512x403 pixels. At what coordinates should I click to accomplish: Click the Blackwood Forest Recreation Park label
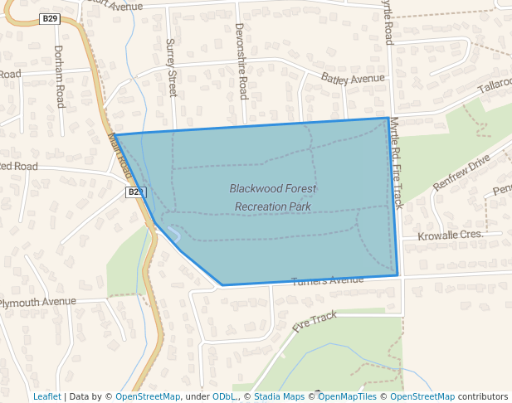pos(273,197)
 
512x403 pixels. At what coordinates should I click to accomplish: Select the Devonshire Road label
pos(241,61)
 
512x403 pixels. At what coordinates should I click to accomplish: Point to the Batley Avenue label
pos(353,79)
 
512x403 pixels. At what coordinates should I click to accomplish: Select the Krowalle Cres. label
pos(451,235)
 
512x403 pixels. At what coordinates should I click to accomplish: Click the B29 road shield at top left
pos(49,18)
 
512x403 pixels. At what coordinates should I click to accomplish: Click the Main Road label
pos(119,155)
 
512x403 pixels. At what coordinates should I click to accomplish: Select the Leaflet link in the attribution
pos(46,396)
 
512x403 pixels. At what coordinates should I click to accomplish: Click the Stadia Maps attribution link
pos(279,396)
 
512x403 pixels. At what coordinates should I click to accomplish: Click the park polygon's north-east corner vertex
pos(388,118)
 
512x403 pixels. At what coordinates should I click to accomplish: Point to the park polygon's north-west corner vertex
pos(115,134)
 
